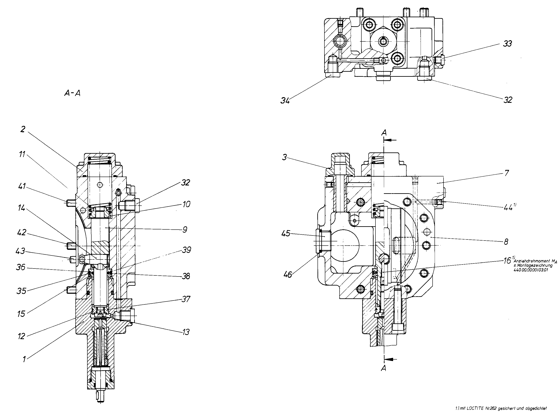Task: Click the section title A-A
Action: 72,93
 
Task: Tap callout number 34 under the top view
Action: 285,101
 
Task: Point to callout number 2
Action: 23,129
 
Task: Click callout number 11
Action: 22,154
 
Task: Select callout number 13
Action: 186,332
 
